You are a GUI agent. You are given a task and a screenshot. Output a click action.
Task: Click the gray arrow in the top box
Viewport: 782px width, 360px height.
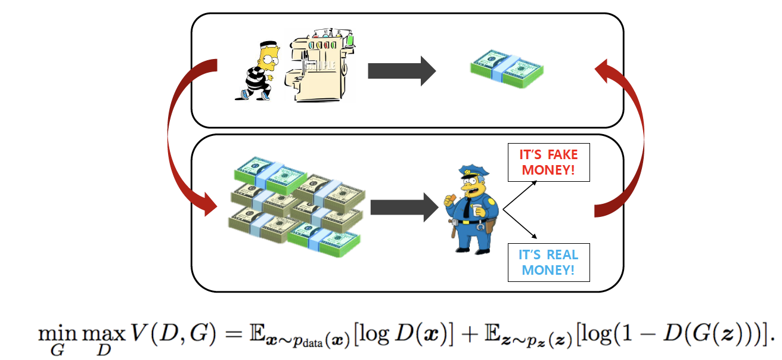pyautogui.click(x=401, y=71)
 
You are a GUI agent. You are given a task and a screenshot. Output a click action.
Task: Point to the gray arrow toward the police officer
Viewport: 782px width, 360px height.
pyautogui.click(x=404, y=207)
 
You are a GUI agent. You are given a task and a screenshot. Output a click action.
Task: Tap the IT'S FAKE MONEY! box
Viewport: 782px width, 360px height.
pyautogui.click(x=548, y=163)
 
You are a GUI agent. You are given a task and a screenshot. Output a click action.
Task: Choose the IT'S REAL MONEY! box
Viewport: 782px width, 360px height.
pyautogui.click(x=548, y=262)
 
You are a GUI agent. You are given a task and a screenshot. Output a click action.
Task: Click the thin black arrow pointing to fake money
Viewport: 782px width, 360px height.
pyautogui.click(x=520, y=193)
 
